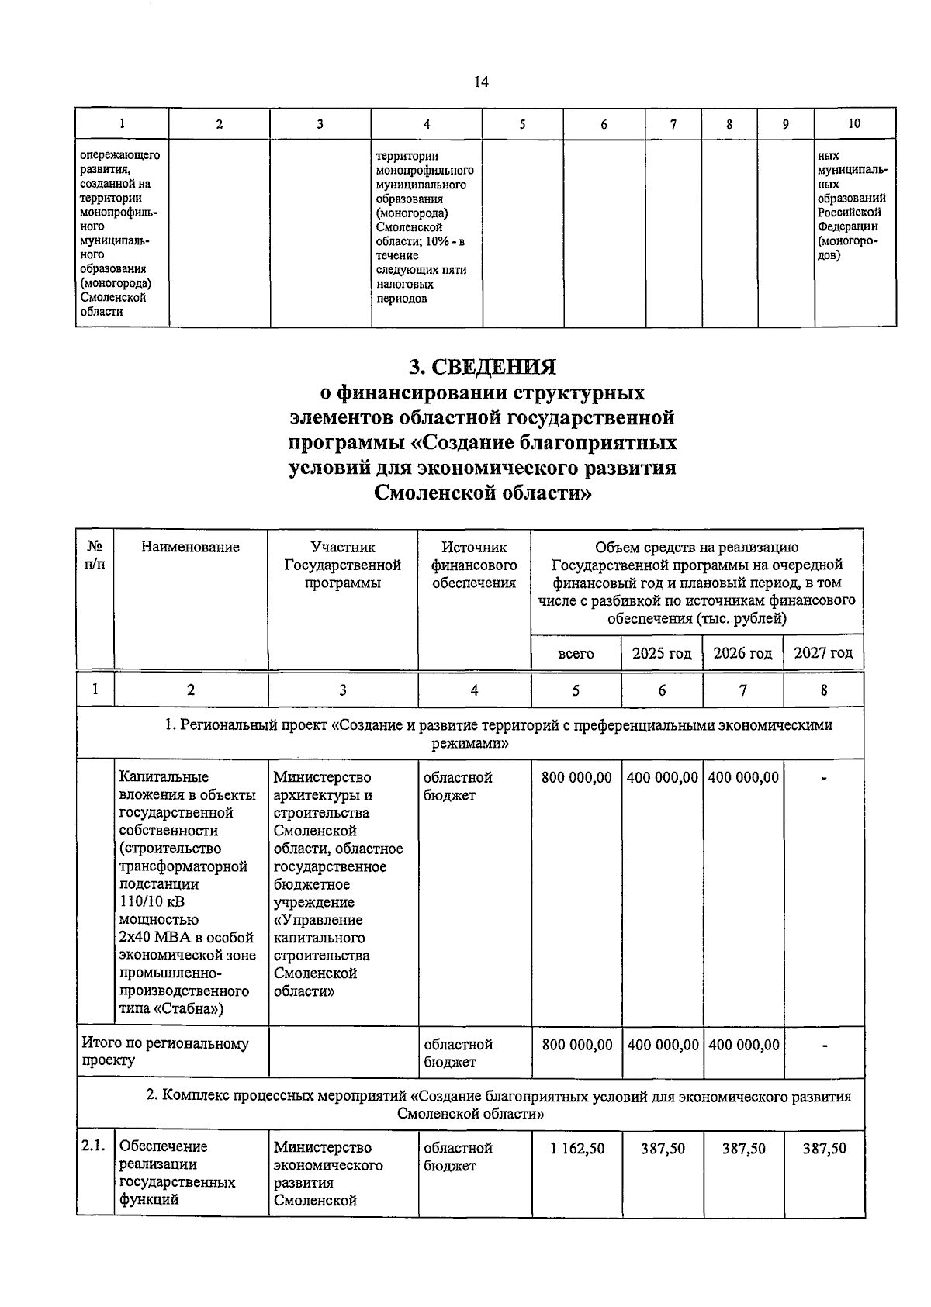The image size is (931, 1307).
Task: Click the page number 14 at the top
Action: coord(481,81)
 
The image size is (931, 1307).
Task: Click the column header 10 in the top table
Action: coord(854,123)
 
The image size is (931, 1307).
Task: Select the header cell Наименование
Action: coord(191,548)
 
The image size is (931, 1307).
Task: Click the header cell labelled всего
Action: coord(576,653)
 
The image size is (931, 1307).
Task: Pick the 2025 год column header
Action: coord(662,653)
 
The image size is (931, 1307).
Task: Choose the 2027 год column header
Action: coord(823,653)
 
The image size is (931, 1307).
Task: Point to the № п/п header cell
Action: coord(95,556)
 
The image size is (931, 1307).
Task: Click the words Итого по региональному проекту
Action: coord(165,1052)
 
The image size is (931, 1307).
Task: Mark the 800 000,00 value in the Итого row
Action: coord(577,1045)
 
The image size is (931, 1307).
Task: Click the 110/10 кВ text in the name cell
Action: coord(153,901)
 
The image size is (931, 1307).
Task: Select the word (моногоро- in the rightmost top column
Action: coord(847,241)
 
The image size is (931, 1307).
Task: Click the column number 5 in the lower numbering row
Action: coord(576,690)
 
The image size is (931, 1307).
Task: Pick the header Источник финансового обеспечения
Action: coord(474,565)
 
